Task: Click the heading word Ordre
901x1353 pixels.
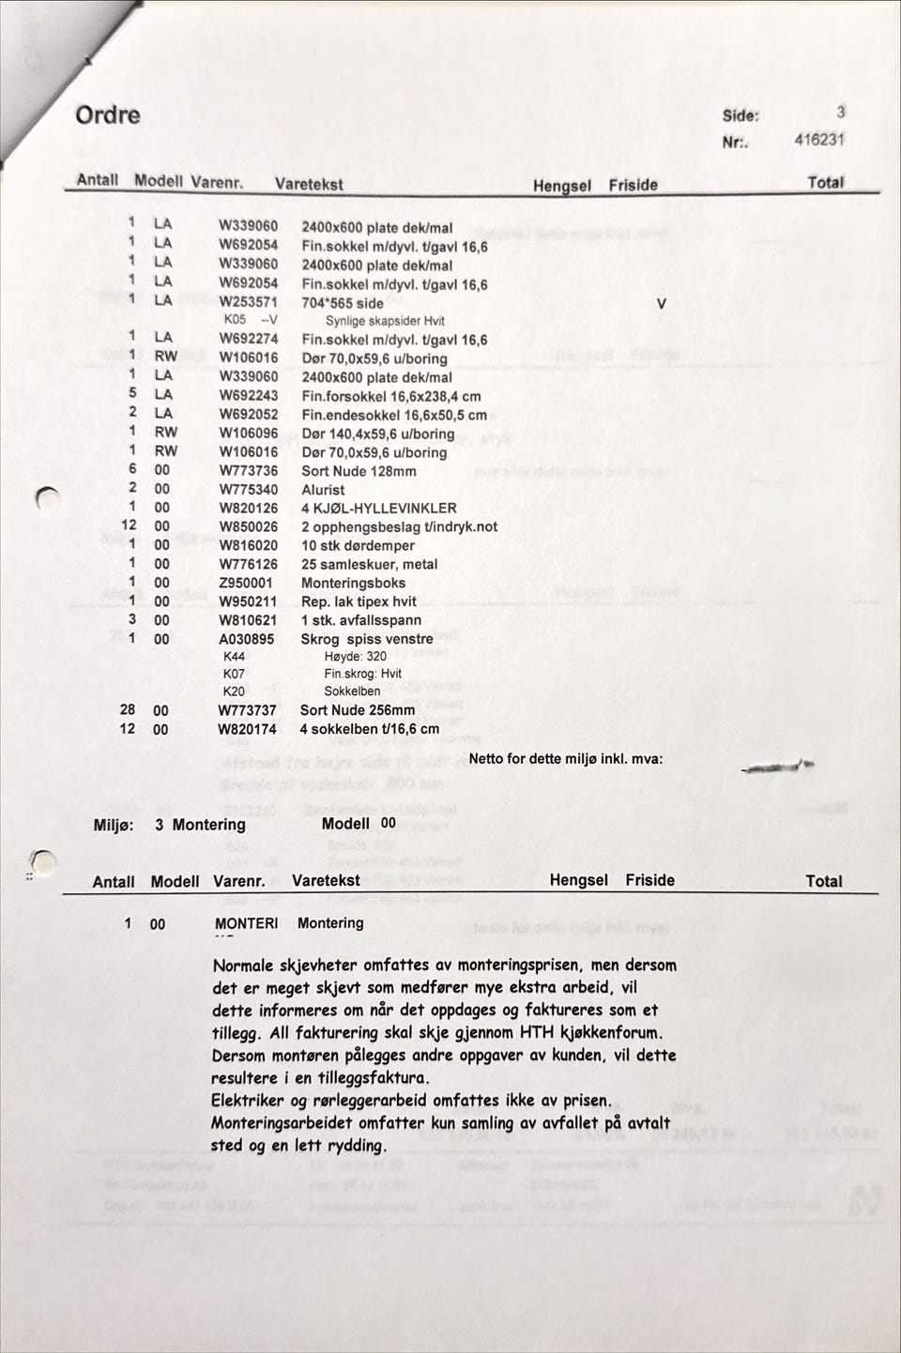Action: pyautogui.click(x=108, y=115)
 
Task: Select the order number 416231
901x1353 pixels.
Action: pyautogui.click(x=818, y=139)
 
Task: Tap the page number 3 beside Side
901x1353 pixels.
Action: pyautogui.click(x=840, y=112)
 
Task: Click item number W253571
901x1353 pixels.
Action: pyautogui.click(x=248, y=302)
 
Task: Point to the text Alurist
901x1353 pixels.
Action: pyautogui.click(x=323, y=490)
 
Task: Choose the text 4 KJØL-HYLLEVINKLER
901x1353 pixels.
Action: pyautogui.click(x=378, y=509)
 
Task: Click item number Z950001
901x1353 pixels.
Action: pyautogui.click(x=246, y=583)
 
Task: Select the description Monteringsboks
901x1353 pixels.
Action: pyautogui.click(x=353, y=583)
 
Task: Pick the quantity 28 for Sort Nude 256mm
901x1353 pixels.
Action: pyautogui.click(x=128, y=710)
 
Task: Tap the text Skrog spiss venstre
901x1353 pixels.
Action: pyautogui.click(x=366, y=639)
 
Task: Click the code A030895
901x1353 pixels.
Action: pyautogui.click(x=247, y=639)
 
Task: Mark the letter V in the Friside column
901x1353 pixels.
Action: pyautogui.click(x=662, y=303)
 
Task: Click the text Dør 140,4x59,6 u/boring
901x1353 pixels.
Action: pyautogui.click(x=377, y=433)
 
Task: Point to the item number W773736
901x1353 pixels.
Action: pyautogui.click(x=249, y=471)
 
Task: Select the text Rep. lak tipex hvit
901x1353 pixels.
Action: pyautogui.click(x=359, y=601)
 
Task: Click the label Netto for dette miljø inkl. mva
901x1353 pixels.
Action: pyautogui.click(x=565, y=758)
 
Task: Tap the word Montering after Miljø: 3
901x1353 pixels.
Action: pyautogui.click(x=208, y=825)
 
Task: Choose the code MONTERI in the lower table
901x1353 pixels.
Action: pyautogui.click(x=246, y=923)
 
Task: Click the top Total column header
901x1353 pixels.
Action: pyautogui.click(x=825, y=182)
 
